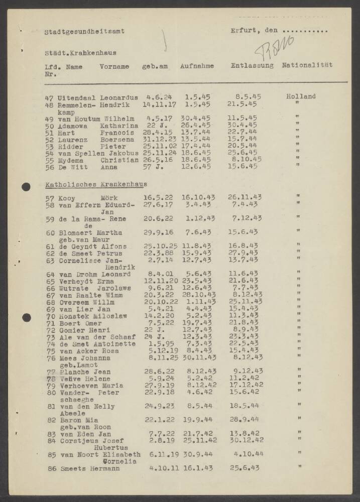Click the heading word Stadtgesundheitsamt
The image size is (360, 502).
click(x=84, y=31)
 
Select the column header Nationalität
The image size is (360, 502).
click(x=307, y=65)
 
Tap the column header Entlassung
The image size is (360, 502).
click(x=252, y=66)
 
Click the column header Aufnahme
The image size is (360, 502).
click(x=197, y=66)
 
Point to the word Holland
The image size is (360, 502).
click(x=301, y=96)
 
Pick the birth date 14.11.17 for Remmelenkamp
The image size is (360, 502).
click(x=157, y=105)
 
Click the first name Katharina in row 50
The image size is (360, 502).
click(x=119, y=125)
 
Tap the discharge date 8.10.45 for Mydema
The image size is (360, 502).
click(x=248, y=159)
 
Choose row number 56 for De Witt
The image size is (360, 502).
click(x=49, y=167)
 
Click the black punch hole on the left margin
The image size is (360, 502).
click(x=26, y=187)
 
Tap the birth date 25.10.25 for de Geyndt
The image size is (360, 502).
click(x=158, y=246)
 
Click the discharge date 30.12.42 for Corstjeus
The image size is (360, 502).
click(x=247, y=440)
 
